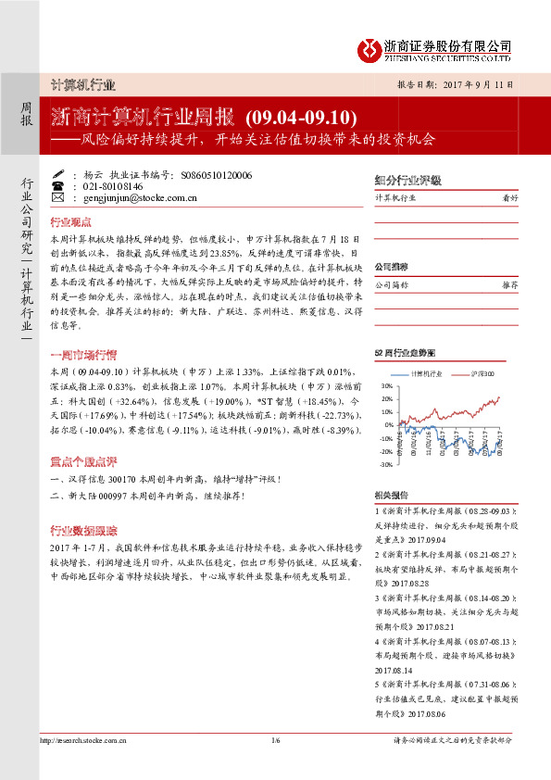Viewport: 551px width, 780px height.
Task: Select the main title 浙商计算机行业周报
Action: click(x=146, y=118)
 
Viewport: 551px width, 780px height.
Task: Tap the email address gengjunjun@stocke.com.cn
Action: click(x=137, y=197)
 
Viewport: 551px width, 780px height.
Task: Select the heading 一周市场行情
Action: click(x=83, y=355)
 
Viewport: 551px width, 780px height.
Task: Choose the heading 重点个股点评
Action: click(x=83, y=460)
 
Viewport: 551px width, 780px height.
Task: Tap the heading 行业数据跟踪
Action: click(x=83, y=530)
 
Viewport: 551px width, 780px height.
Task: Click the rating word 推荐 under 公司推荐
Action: click(x=509, y=285)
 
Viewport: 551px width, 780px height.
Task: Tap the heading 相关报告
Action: click(x=394, y=495)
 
